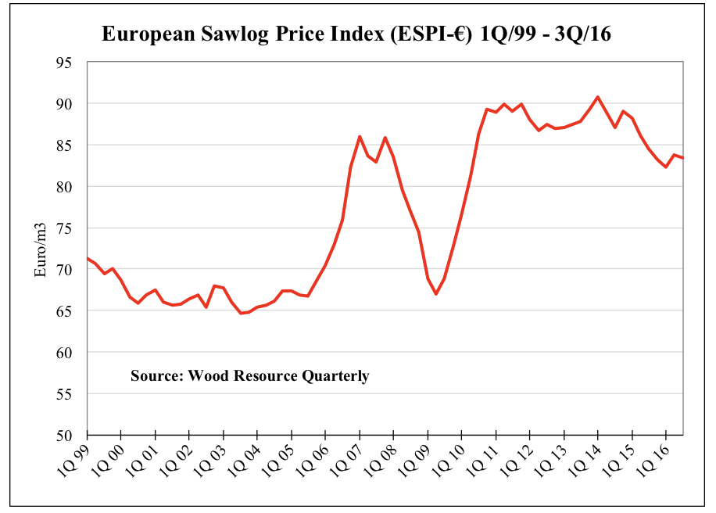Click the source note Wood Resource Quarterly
(249, 376)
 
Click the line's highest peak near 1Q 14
(598, 97)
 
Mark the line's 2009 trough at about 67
(436, 294)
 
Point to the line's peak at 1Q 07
(360, 137)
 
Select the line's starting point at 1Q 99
(88, 258)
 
